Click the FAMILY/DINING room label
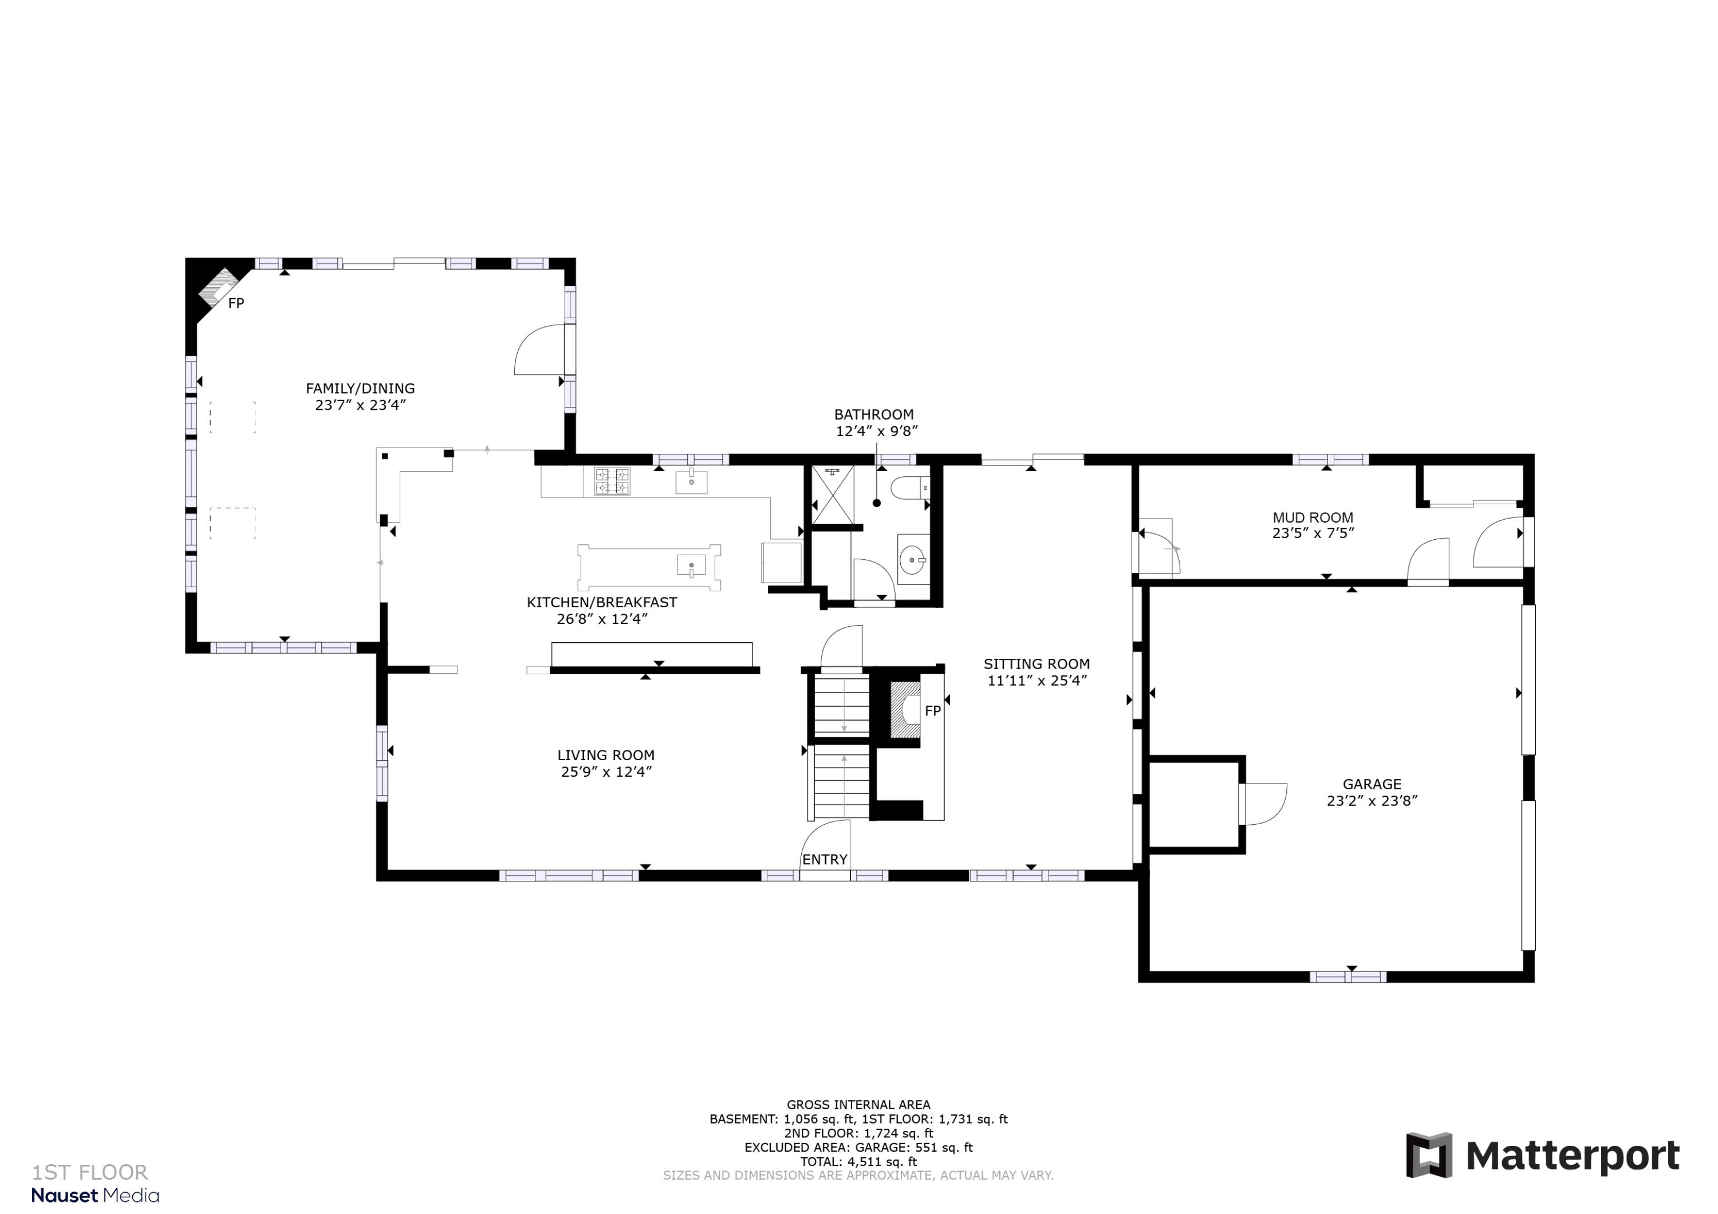point(360,388)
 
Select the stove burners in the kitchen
point(612,481)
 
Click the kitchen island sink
point(691,565)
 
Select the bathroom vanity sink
point(912,559)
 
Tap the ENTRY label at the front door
point(825,860)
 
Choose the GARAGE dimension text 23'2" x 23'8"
point(1372,800)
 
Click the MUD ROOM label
point(1313,517)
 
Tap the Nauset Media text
point(95,1195)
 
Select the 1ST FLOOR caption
point(90,1172)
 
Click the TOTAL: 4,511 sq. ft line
point(858,1162)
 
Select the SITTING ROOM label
point(1037,663)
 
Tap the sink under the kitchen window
point(691,483)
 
